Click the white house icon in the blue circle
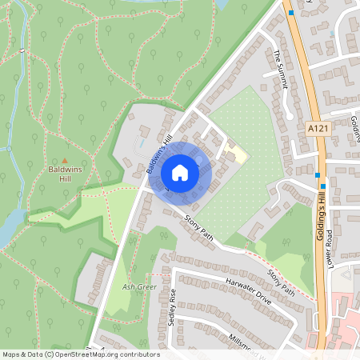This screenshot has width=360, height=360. (179, 172)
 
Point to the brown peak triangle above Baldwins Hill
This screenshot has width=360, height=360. (66, 159)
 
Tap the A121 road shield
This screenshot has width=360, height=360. (317, 128)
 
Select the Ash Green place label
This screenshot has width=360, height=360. (139, 286)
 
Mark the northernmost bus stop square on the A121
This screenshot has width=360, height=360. (291, 13)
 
